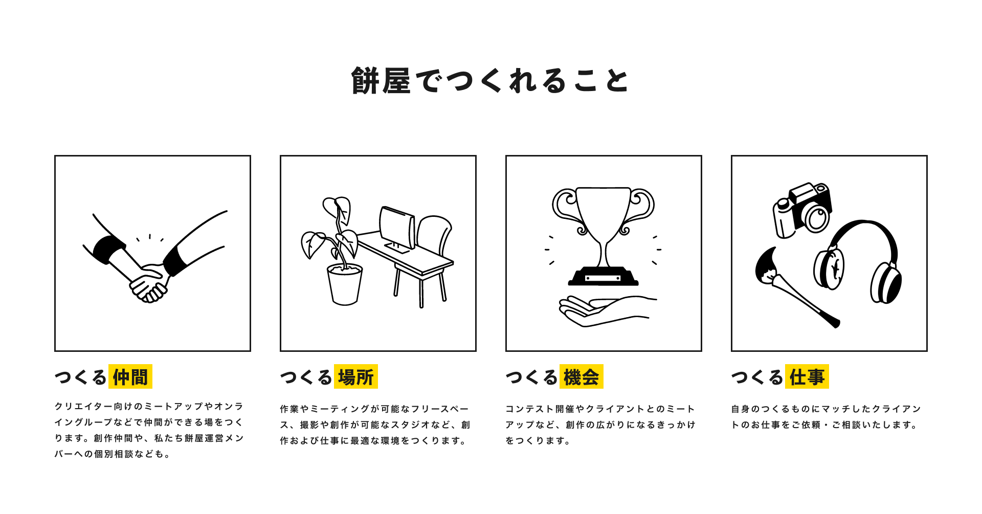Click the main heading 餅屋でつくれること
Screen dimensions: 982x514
click(490, 81)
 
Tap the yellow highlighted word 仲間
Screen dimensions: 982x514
click(130, 377)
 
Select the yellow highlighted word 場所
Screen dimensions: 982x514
click(356, 377)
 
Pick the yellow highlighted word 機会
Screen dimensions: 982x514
click(582, 377)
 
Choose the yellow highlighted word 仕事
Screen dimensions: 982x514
click(807, 377)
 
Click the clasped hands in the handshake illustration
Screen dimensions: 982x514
click(148, 284)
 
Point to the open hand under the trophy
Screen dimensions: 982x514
click(604, 311)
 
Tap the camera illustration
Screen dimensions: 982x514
click(802, 210)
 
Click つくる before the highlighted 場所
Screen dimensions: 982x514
click(306, 377)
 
